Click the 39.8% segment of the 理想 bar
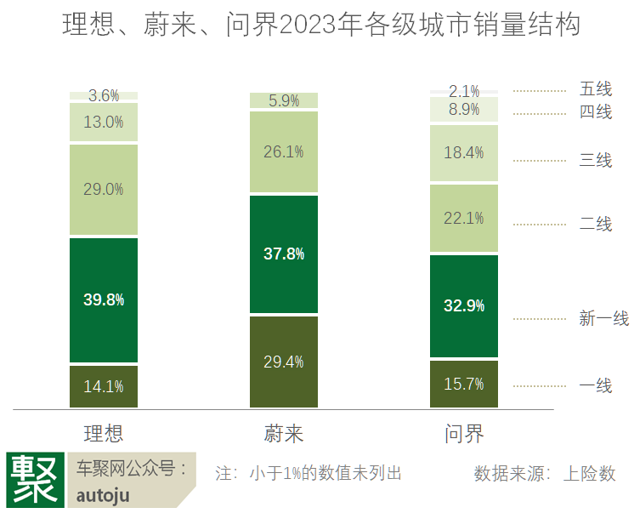coord(104,299)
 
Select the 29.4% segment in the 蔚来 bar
coord(284,362)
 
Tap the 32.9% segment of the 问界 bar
coord(464,305)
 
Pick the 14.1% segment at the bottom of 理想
coord(104,386)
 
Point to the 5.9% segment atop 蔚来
coord(284,101)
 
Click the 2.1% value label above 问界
coord(464,90)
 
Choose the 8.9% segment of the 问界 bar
coord(464,109)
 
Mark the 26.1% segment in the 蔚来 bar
coord(284,151)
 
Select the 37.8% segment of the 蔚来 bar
coord(284,254)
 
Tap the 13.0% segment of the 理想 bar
coord(104,122)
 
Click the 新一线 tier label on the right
coord(603,319)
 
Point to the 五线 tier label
coord(596,89)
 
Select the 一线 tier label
coord(596,385)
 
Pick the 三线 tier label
coord(596,160)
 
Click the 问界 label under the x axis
coord(464,434)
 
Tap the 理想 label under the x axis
coord(104,434)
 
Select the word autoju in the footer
coord(103,495)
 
